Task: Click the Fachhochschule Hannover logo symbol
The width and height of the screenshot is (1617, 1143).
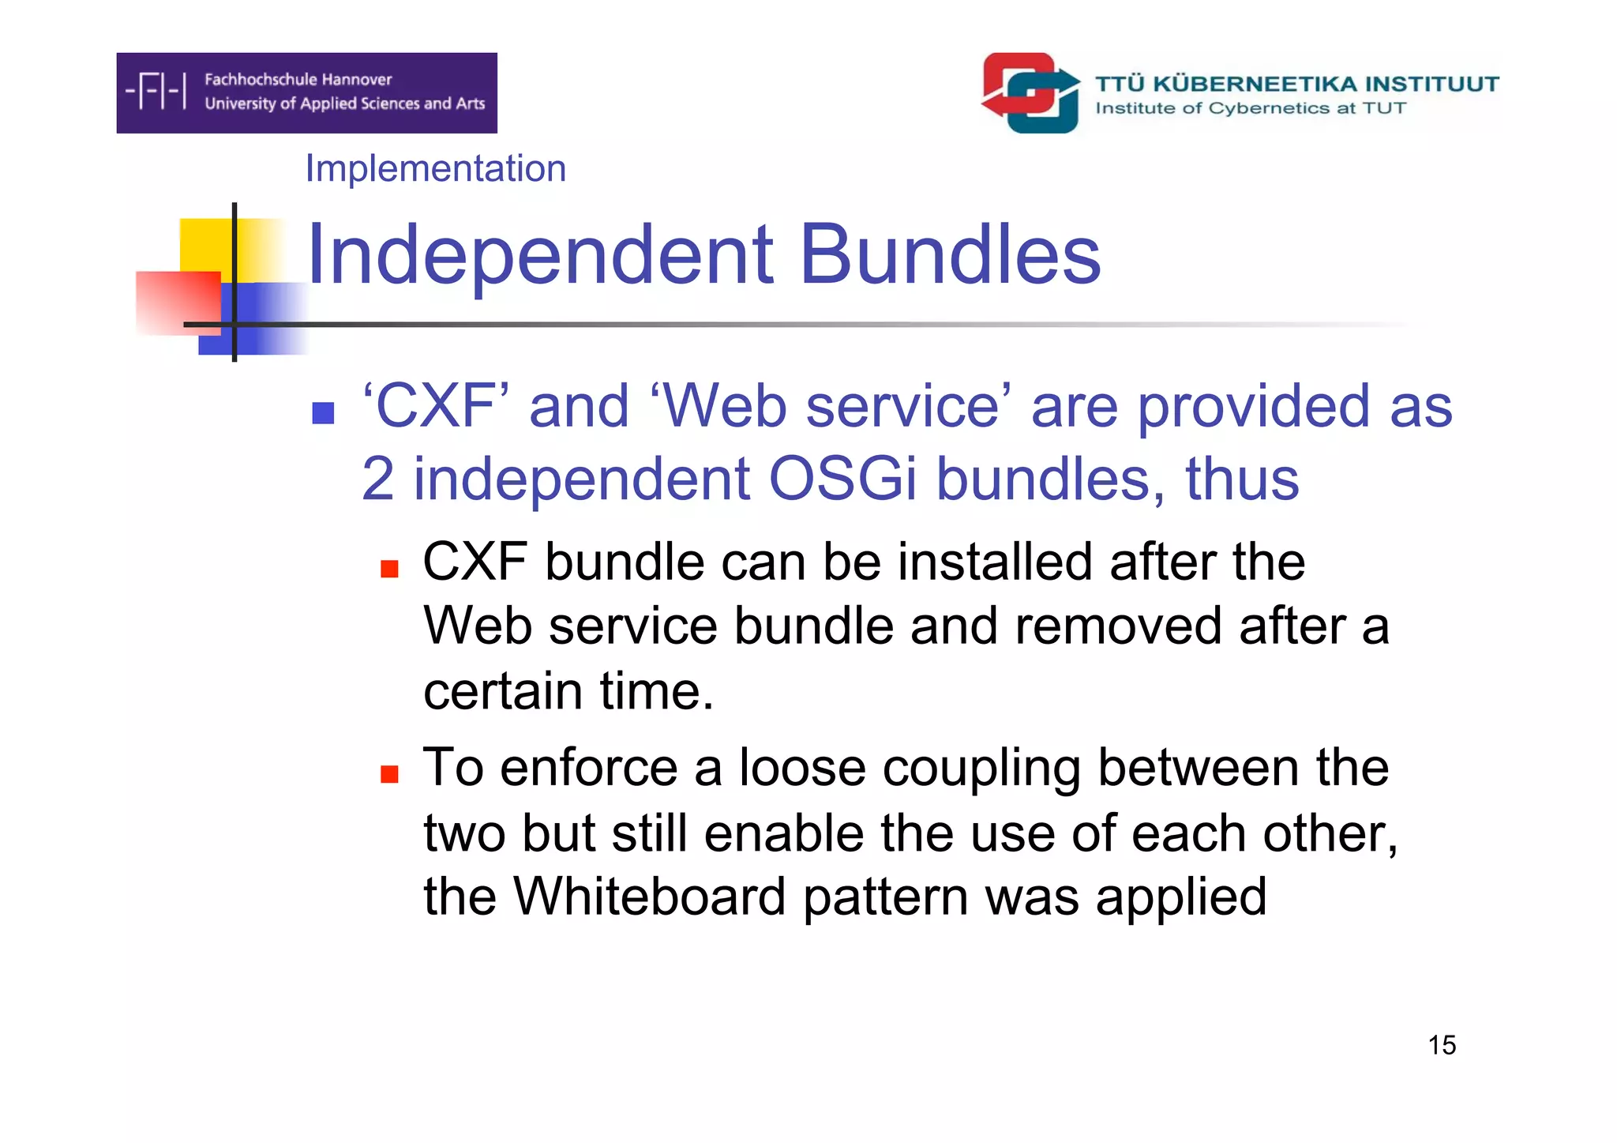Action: (x=156, y=91)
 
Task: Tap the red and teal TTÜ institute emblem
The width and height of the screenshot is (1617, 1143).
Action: (x=1030, y=93)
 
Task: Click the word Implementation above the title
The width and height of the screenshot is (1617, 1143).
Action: (x=435, y=168)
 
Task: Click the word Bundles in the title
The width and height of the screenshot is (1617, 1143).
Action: (x=950, y=254)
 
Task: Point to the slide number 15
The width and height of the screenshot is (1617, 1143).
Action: (x=1441, y=1045)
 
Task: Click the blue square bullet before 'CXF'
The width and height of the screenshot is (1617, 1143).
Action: (x=323, y=412)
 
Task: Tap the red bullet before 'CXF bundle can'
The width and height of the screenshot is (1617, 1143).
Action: (x=389, y=569)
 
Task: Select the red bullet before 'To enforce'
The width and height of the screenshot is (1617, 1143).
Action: (x=389, y=774)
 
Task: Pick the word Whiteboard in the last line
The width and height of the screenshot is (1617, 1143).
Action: (x=649, y=897)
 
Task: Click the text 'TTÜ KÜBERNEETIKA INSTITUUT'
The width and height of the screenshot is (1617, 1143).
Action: (x=1296, y=84)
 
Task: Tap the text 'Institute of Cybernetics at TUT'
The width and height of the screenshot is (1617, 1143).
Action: (x=1251, y=108)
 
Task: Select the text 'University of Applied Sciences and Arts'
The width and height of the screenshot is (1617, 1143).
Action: (x=344, y=103)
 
